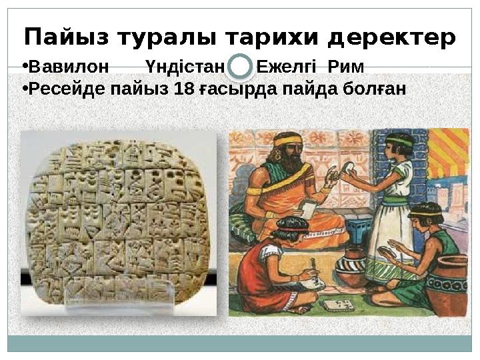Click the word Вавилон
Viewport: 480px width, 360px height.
(69, 67)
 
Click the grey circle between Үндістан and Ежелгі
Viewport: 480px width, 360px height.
(241, 67)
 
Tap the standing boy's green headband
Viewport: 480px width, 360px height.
(399, 139)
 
